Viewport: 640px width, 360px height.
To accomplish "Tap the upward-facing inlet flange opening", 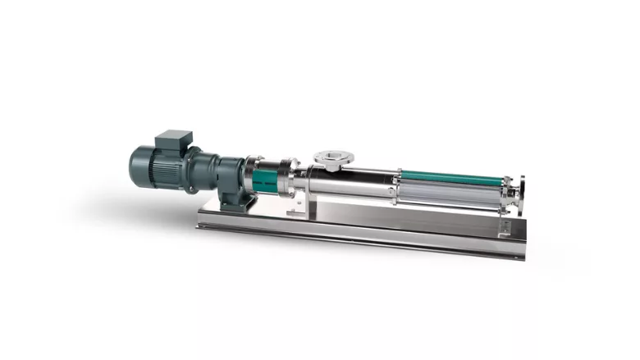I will [x=331, y=155].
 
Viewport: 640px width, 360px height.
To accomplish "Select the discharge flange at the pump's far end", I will [x=516, y=190].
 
